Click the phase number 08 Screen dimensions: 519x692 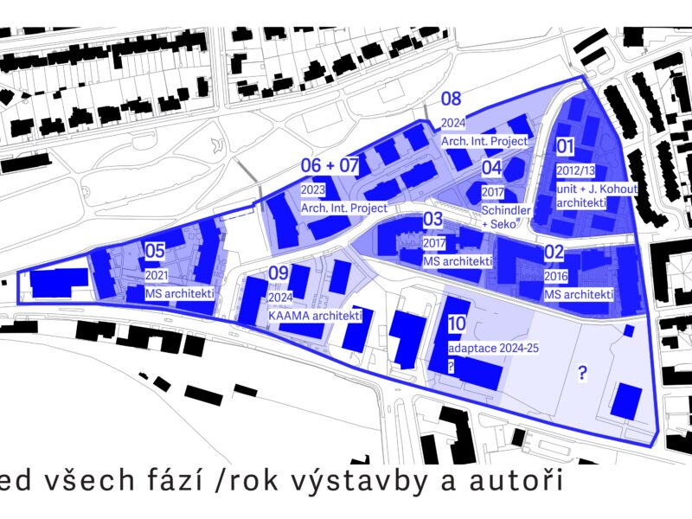click(451, 99)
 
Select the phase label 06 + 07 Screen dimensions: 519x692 click(330, 165)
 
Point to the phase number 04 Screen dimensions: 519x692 click(491, 168)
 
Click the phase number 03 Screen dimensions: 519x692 click(432, 220)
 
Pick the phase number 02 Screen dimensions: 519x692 click(554, 253)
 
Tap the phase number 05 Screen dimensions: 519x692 click(155, 252)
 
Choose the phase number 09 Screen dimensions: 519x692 click(278, 274)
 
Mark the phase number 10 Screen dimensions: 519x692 click(458, 324)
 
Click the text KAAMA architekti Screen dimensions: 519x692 click(315, 316)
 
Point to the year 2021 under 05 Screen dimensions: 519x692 click(157, 275)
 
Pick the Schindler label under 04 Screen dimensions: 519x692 click(504, 210)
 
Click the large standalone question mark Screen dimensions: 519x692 click(583, 373)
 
